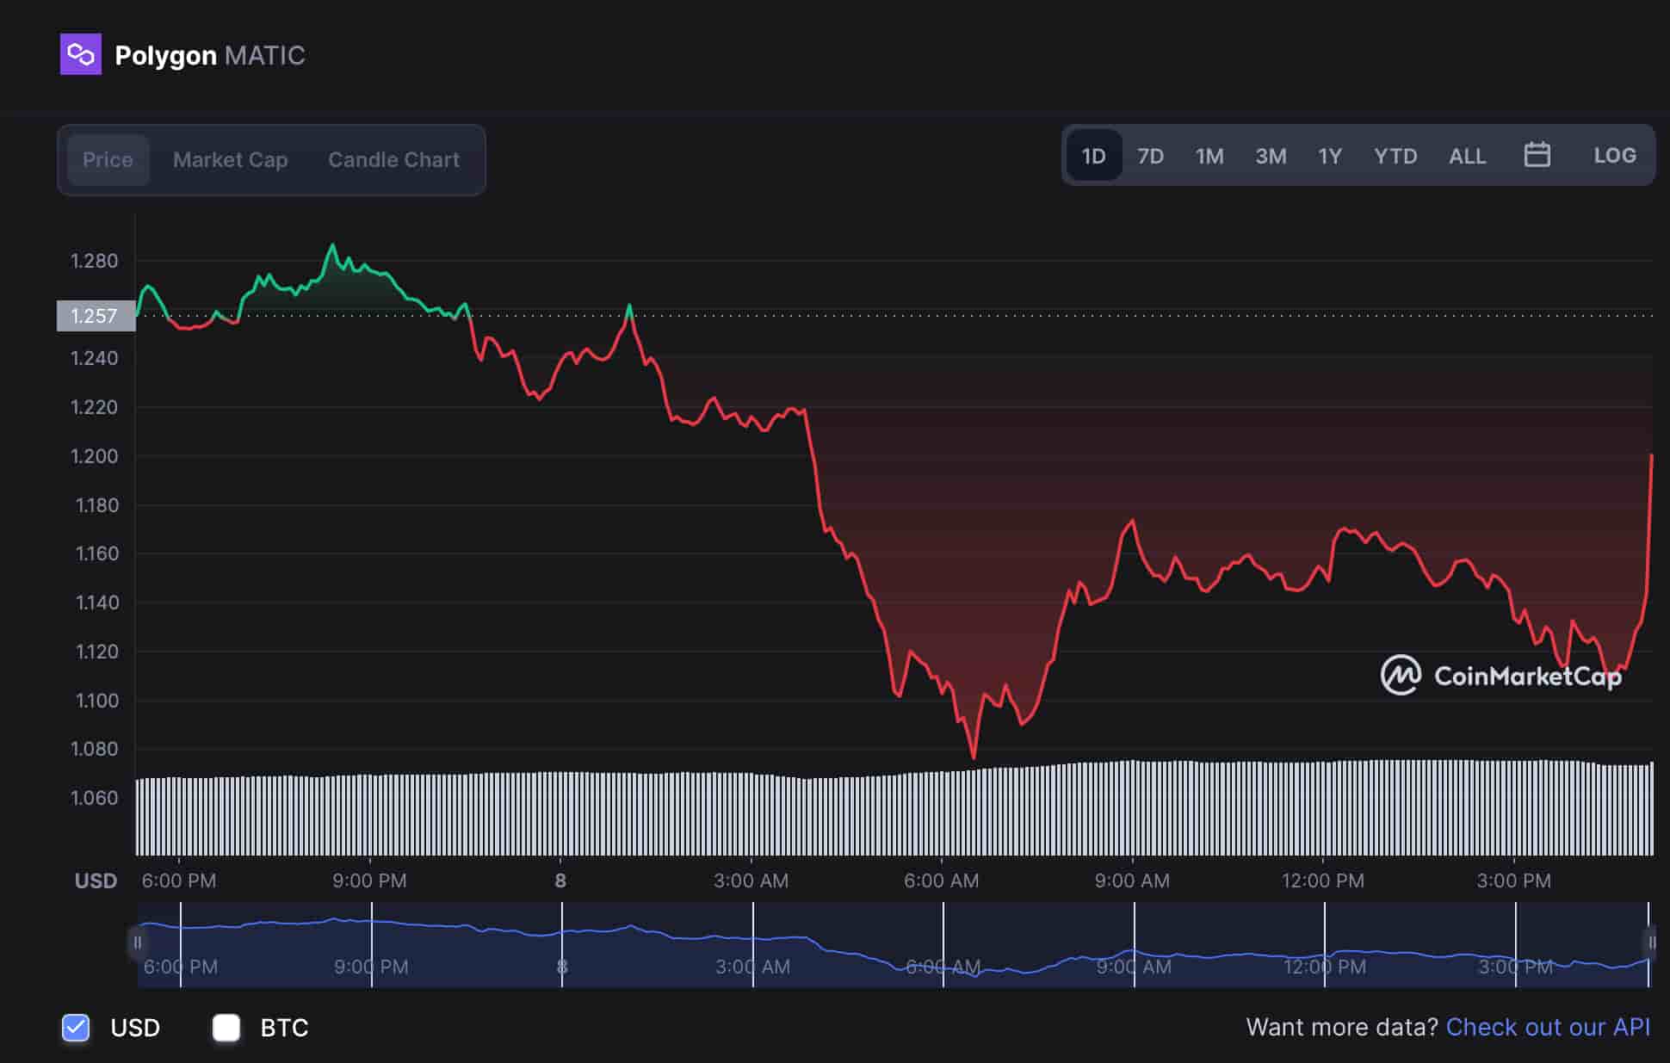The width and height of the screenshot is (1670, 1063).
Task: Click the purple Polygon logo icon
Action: pos(80,54)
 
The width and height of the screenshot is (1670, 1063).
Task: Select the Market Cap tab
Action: pos(230,160)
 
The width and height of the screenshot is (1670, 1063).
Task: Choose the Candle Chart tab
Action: pos(393,160)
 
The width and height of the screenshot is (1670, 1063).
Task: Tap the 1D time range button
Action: pos(1093,156)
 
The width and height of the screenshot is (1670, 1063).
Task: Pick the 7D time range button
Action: pos(1150,156)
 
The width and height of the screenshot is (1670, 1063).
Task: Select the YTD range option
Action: pos(1395,156)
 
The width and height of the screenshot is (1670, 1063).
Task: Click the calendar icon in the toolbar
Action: pos(1537,155)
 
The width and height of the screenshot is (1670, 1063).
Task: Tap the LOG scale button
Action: pos(1614,156)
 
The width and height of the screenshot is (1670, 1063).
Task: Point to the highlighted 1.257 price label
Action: pos(95,316)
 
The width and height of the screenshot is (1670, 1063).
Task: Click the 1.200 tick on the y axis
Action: pos(94,456)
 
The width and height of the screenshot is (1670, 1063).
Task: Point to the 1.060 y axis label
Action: pos(94,798)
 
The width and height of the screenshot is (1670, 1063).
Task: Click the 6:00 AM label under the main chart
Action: pos(941,881)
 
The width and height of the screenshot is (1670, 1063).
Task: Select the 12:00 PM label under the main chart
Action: pos(1322,881)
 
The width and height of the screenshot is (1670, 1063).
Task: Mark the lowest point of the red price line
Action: pos(974,757)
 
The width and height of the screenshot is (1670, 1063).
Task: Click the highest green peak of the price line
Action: pos(333,245)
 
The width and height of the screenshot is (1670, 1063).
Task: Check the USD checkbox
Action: pos(76,1027)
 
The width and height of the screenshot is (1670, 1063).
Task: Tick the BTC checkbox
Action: pos(226,1027)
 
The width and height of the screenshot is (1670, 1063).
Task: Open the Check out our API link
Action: pos(1548,1027)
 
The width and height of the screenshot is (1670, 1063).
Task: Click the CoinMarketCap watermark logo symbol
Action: pos(1401,676)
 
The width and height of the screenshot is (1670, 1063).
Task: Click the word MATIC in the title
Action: pos(264,56)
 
